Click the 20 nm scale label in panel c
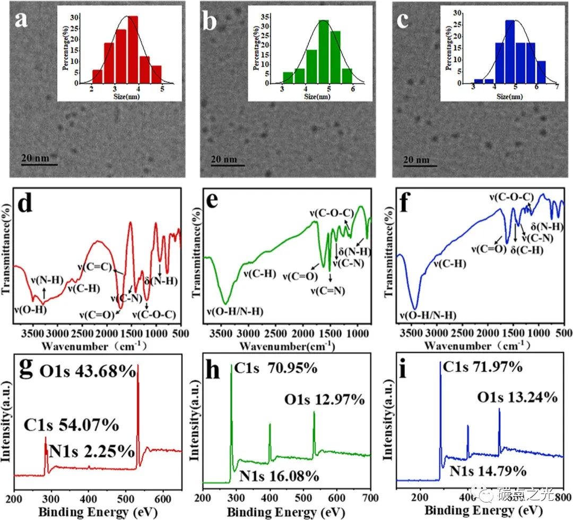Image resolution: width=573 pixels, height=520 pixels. pos(415,159)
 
